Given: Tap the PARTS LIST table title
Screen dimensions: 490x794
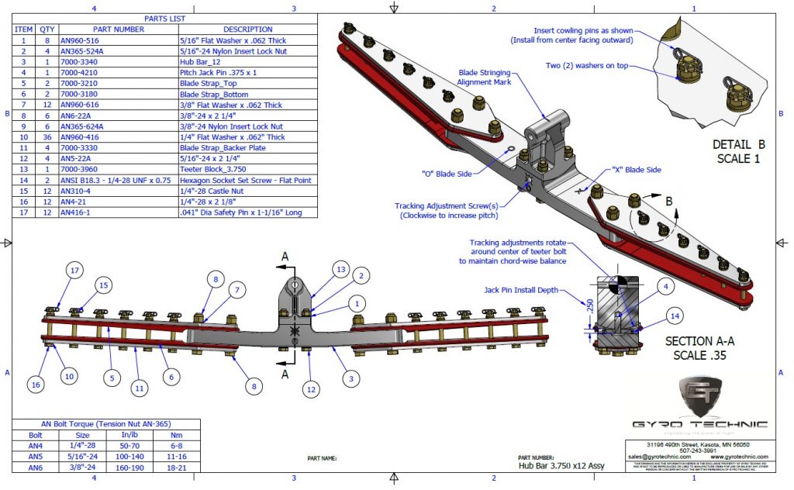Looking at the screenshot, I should (164, 19).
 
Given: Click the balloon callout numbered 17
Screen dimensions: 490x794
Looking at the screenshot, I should (74, 271).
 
